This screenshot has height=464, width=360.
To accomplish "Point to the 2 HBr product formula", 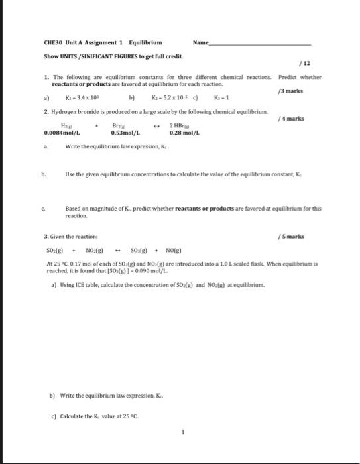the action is click(x=182, y=125).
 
